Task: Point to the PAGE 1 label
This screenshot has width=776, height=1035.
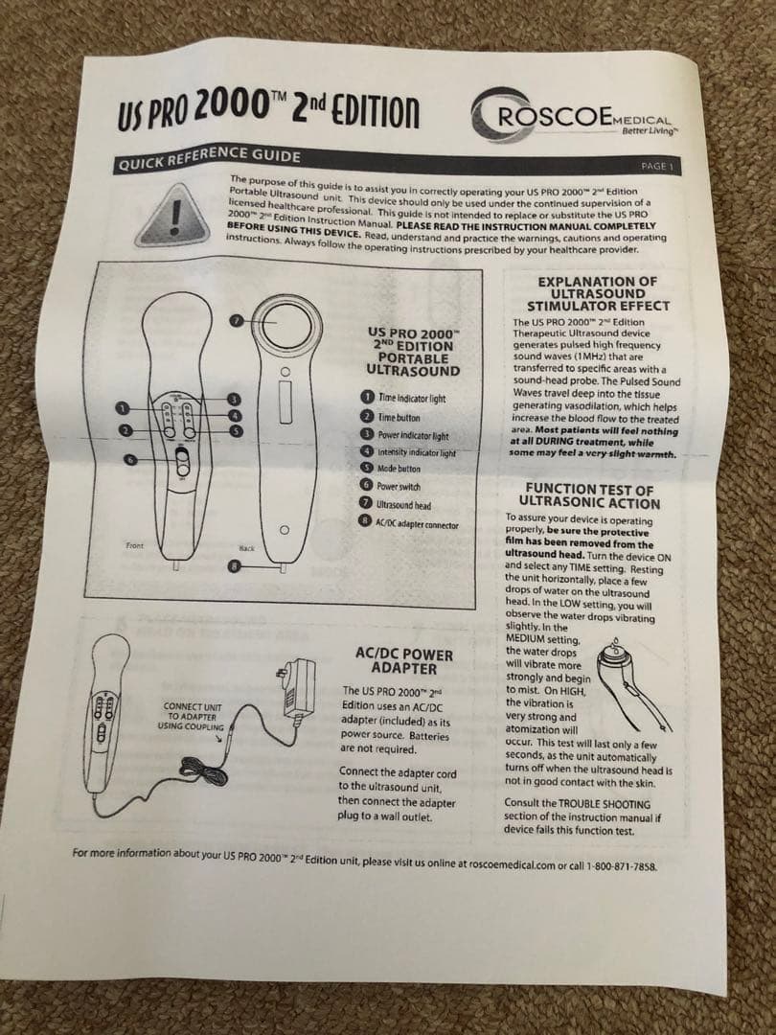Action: click(x=656, y=167)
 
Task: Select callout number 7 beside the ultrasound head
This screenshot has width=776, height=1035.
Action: click(x=237, y=321)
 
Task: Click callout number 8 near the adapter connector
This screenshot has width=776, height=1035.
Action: click(x=235, y=566)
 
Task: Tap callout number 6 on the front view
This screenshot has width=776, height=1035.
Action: click(x=130, y=459)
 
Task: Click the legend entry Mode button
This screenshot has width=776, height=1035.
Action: click(x=398, y=469)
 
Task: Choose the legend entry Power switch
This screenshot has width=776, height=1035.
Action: click(x=399, y=487)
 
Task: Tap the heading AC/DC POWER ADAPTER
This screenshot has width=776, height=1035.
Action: click(x=404, y=661)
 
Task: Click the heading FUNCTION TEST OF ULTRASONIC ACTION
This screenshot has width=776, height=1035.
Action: click(x=589, y=496)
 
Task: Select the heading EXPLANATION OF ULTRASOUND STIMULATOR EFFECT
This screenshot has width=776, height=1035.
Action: click(x=598, y=293)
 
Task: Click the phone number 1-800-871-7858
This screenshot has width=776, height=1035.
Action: click(x=622, y=866)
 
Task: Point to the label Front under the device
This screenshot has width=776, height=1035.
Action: click(x=134, y=545)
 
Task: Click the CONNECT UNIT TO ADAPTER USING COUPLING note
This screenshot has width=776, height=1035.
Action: click(x=192, y=717)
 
